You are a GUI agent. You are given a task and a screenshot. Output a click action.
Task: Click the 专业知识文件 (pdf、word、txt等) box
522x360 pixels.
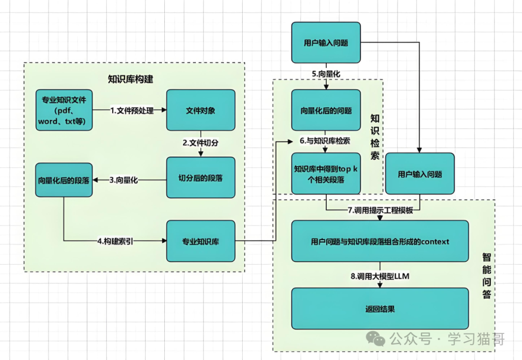pos(64,110)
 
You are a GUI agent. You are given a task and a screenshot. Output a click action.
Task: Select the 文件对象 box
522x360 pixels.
pos(201,110)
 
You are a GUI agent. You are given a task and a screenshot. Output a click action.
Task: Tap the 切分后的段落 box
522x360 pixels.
pos(201,178)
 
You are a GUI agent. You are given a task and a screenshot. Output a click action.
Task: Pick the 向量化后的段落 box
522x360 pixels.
pos(64,180)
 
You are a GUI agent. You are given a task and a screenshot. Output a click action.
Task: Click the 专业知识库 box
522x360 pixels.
pos(201,241)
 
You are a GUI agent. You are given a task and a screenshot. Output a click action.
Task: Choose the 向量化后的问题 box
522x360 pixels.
pos(326,110)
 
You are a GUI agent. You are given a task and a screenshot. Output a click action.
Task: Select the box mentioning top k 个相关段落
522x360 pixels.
pos(326,173)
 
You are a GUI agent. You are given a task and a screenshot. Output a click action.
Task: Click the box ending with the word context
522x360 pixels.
pos(380,241)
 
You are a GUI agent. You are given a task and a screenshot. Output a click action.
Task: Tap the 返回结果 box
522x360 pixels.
pos(380,309)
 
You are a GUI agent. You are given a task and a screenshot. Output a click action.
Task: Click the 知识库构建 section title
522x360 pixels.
pos(130,79)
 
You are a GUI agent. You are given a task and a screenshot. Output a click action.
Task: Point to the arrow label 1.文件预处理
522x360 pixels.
pos(132,110)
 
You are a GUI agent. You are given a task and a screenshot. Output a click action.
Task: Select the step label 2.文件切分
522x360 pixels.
pos(201,143)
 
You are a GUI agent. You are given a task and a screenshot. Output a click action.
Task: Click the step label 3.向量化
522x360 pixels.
pos(124,180)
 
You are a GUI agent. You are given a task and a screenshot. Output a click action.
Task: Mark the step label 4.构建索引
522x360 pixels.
pos(115,241)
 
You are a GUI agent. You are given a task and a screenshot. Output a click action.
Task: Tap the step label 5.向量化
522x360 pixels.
pos(326,74)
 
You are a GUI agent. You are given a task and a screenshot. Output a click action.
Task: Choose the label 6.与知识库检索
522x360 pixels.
pos(325,141)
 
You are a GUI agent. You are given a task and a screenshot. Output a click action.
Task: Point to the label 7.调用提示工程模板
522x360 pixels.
pos(380,210)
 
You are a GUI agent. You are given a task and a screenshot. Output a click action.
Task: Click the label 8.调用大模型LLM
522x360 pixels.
pos(380,276)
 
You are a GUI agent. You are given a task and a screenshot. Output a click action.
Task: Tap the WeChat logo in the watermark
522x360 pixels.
pos(375,338)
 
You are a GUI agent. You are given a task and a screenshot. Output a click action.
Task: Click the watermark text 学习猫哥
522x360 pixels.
pos(476,339)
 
